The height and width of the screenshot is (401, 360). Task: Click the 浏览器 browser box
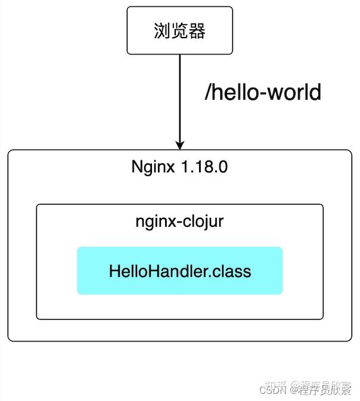pyautogui.click(x=179, y=30)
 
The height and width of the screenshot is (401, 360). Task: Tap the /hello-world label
pyautogui.click(x=263, y=92)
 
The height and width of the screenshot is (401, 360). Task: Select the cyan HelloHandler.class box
pyautogui.click(x=179, y=271)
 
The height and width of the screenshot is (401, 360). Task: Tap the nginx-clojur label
pyautogui.click(x=179, y=222)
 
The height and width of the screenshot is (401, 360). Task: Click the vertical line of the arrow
pyautogui.click(x=179, y=95)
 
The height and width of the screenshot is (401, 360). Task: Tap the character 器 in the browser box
pyautogui.click(x=197, y=31)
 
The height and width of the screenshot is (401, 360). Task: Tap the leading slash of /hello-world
pyautogui.click(x=208, y=92)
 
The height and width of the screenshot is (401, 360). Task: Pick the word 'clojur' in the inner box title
pyautogui.click(x=204, y=222)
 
